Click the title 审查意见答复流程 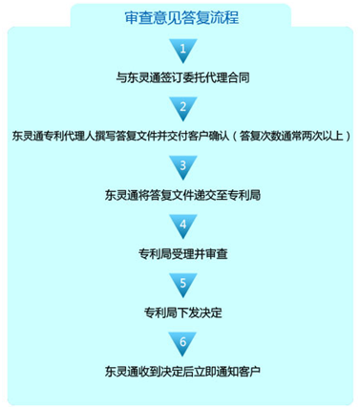pyautogui.click(x=180, y=17)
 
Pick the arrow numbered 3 pyautogui.click(x=181, y=168)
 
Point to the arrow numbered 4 pyautogui.click(x=181, y=227)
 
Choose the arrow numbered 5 pyautogui.click(x=181, y=286)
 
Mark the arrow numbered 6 pyautogui.click(x=181, y=343)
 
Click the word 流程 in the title pyautogui.click(x=221, y=17)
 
